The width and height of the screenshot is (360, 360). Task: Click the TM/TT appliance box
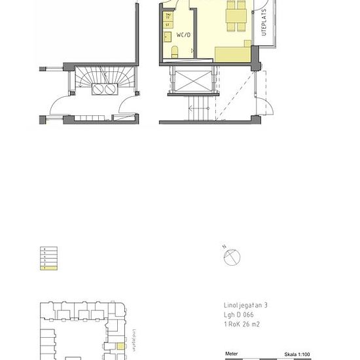(x=168, y=15)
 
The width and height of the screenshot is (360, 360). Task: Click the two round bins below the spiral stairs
(x=105, y=90)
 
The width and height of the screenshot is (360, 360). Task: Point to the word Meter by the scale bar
(x=232, y=353)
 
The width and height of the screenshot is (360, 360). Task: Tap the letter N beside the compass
(x=225, y=247)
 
